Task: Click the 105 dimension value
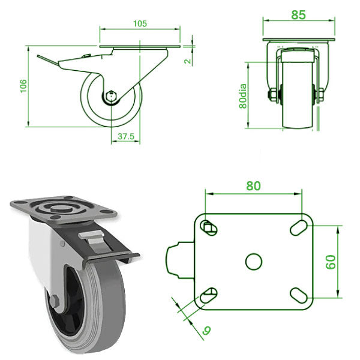tap(140, 23)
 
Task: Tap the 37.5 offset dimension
tap(125, 136)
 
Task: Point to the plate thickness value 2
tap(187, 61)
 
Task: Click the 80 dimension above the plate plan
tap(253, 186)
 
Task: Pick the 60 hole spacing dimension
tap(330, 262)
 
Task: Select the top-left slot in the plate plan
tap(208, 227)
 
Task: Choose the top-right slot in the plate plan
tap(298, 227)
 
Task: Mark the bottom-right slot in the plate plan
tap(298, 295)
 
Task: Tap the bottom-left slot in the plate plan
tap(208, 294)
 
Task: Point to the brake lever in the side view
tap(51, 60)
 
